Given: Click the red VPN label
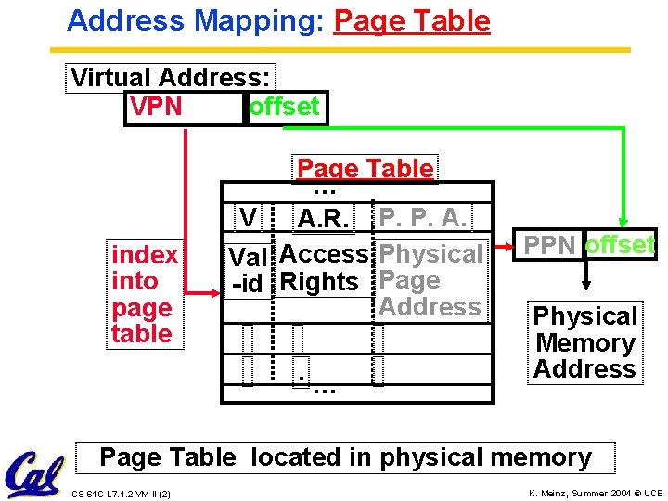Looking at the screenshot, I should tap(156, 108).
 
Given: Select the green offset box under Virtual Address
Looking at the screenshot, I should tap(284, 108).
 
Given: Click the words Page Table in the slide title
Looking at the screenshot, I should tap(412, 20).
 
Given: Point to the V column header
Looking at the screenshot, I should tap(248, 217).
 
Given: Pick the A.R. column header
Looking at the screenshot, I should tap(323, 219).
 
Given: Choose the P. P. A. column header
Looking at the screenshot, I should tap(423, 217).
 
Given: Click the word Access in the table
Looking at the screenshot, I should tap(324, 253).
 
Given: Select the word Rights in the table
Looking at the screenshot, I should tap(319, 281).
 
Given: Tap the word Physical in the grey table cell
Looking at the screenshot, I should tap(431, 253).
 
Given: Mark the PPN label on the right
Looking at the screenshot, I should tap(551, 246).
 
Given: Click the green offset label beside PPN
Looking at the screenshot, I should tap(620, 246).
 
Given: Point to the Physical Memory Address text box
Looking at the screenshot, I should tap(584, 342).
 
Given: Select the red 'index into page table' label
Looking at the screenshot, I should tap(144, 294).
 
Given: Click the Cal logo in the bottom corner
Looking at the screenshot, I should tap(33, 473).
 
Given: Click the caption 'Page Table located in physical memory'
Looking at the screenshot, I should tap(345, 457).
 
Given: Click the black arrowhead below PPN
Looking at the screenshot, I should tap(585, 286).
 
